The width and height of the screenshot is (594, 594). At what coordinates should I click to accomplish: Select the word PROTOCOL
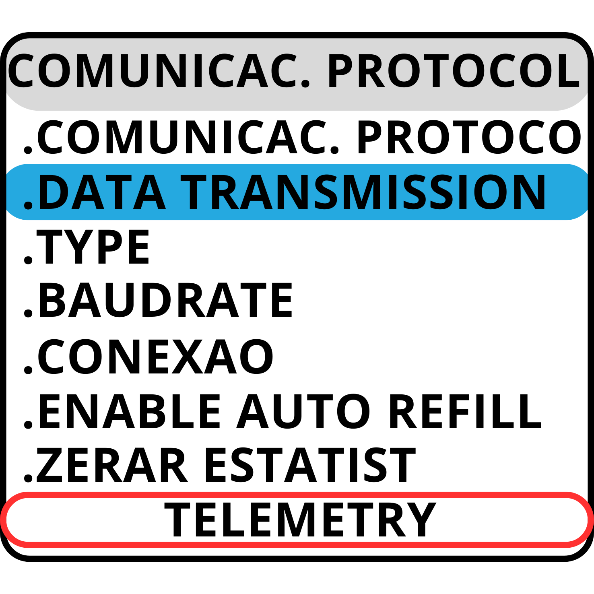tap(453, 71)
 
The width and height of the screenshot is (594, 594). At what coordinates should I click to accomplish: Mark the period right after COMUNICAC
tap(306, 83)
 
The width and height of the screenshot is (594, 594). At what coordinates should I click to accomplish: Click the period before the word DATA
tap(28, 205)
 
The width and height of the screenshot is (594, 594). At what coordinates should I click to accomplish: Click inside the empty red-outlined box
tap(297, 520)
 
